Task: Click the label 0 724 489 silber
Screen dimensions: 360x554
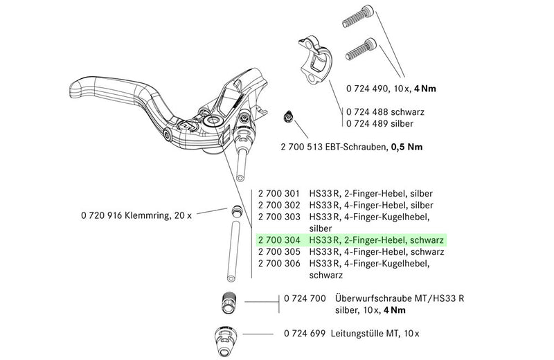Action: coord(380,123)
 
